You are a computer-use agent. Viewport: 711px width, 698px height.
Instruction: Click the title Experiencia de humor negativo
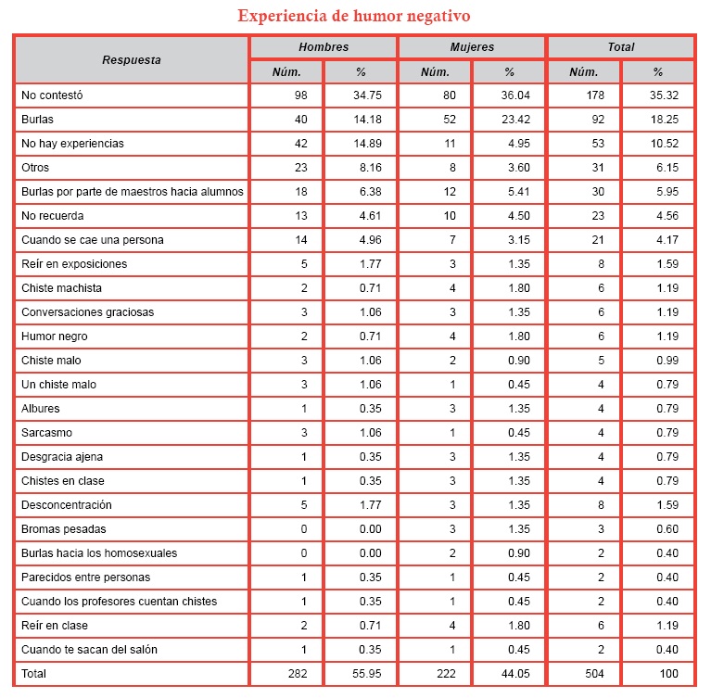pos(353,16)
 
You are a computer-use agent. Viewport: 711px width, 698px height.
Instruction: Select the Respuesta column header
pos(131,59)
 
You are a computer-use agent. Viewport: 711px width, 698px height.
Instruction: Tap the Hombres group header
pos(323,47)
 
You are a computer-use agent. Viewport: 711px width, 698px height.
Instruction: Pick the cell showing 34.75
pos(360,95)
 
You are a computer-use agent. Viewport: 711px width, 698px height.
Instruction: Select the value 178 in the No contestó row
pos(583,95)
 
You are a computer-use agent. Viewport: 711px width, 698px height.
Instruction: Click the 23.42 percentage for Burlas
pos(508,120)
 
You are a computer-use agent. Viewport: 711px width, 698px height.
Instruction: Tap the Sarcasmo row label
pos(46,433)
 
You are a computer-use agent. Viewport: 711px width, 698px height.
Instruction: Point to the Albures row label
pos(42,409)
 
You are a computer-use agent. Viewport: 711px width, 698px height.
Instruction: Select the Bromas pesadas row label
pos(63,529)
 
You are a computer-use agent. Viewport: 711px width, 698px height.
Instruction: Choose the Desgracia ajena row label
pos(63,457)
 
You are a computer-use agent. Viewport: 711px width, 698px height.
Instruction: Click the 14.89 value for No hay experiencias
pos(360,144)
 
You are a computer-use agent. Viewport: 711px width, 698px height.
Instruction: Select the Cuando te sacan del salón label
pos(90,650)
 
